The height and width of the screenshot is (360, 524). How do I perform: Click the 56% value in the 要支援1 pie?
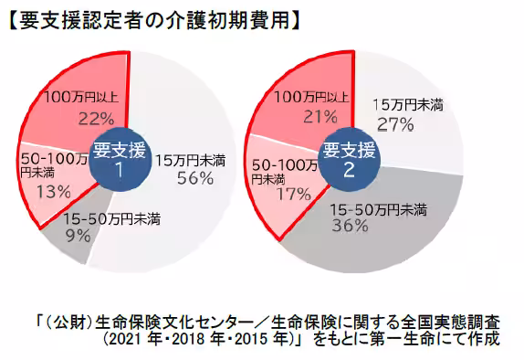point(194,178)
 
